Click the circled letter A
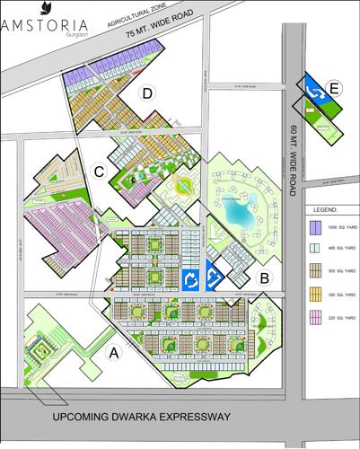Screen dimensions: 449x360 tap(114, 353)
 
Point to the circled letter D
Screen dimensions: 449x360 tap(145, 93)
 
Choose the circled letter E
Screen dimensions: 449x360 tap(335, 88)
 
